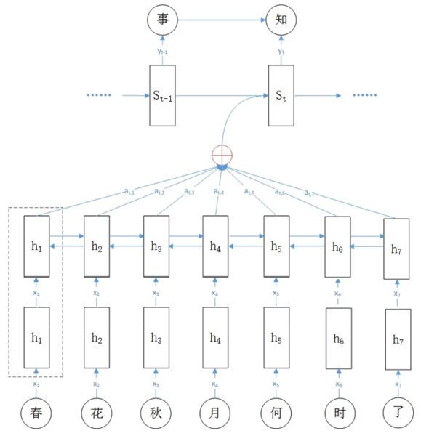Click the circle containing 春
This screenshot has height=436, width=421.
pos(36,412)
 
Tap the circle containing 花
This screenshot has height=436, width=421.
pos(95,412)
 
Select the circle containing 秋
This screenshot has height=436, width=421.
pos(155,412)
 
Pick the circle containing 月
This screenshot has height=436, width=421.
pos(214,412)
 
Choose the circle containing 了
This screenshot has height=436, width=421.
pos(397,412)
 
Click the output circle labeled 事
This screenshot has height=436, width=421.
pos(161,20)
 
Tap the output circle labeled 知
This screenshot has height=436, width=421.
pos(281,20)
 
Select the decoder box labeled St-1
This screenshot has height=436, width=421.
pos(161,95)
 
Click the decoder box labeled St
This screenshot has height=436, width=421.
pos(281,95)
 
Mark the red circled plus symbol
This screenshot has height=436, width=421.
pos(221,155)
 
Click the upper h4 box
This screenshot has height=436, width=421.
pos(214,246)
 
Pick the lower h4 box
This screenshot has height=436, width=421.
pos(214,338)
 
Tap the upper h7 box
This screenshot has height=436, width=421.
pos(397,249)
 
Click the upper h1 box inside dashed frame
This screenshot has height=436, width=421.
pos(36,246)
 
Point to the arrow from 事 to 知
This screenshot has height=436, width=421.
pos(221,20)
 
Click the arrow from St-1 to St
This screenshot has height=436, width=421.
pos(221,95)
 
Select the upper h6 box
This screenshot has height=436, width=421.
pos(337,248)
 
